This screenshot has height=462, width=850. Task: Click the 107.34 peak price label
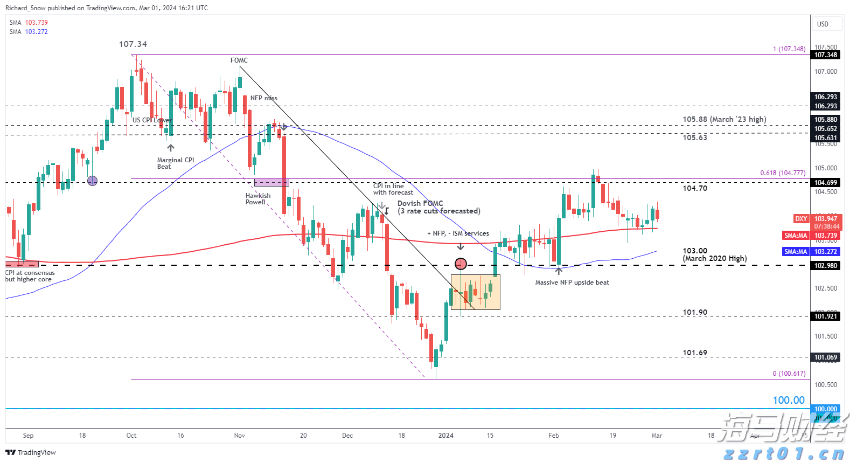pyautogui.click(x=133, y=44)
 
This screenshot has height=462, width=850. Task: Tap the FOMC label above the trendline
pyautogui.click(x=239, y=60)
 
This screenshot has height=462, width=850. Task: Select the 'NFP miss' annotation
pyautogui.click(x=264, y=98)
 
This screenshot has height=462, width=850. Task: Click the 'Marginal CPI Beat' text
pyautogui.click(x=175, y=163)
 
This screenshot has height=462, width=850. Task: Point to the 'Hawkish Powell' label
pyautogui.click(x=258, y=199)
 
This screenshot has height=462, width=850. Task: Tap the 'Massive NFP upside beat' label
pyautogui.click(x=572, y=282)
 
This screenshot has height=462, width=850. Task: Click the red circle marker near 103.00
pyautogui.click(x=461, y=264)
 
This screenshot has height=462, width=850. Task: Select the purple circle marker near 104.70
pyautogui.click(x=93, y=181)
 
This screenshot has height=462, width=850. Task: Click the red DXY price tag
pyautogui.click(x=801, y=218)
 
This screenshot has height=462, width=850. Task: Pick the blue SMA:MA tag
pyautogui.click(x=796, y=252)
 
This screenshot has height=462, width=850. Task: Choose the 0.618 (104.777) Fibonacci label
pyautogui.click(x=783, y=173)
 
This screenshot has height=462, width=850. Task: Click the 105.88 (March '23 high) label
pyautogui.click(x=724, y=120)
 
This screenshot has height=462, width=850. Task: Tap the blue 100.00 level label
pyautogui.click(x=789, y=400)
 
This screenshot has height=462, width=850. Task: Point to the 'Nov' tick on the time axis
pyautogui.click(x=240, y=436)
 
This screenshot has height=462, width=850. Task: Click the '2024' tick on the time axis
pyautogui.click(x=446, y=436)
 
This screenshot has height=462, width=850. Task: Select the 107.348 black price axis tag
pyautogui.click(x=826, y=55)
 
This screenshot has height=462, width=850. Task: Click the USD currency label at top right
pyautogui.click(x=823, y=24)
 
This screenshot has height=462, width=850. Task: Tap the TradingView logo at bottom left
pyautogui.click(x=31, y=452)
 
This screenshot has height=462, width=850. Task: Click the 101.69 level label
pyautogui.click(x=695, y=353)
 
